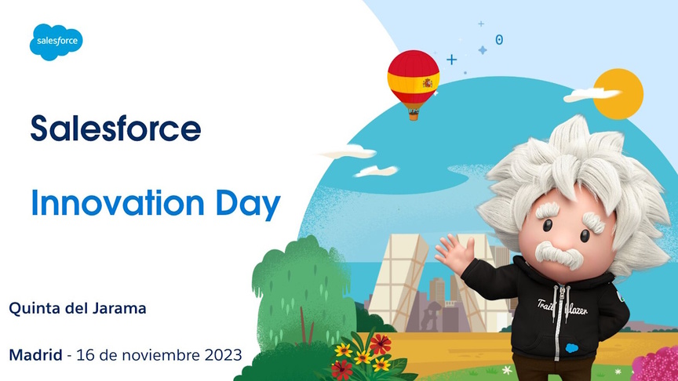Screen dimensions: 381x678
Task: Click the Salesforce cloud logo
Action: pos(56,41)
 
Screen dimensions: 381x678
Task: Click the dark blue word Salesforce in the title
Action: pos(115,128)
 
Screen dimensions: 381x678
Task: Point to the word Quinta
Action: pos(35,308)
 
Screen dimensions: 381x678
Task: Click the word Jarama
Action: pos(118,308)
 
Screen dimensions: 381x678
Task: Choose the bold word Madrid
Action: pos(35,355)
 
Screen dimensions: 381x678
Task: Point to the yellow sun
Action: pos(618,93)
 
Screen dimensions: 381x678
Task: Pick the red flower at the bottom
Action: pos(381,343)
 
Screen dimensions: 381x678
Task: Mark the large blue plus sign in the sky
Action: pos(451,59)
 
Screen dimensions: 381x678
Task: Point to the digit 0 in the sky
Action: pos(499,39)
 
